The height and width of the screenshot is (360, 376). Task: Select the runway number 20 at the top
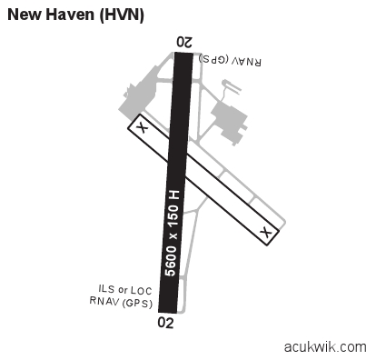184,42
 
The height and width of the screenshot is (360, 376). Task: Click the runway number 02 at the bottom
165,321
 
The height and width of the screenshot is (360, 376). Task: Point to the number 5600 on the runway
171,255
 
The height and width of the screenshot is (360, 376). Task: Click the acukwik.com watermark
324,347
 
